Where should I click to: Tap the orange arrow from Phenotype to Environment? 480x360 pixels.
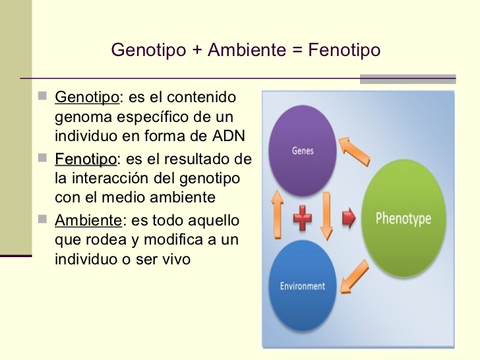pyautogui.click(x=355, y=278)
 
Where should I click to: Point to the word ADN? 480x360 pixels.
pyautogui.click(x=230, y=136)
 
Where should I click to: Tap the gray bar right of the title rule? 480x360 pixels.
pyautogui.click(x=407, y=79)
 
